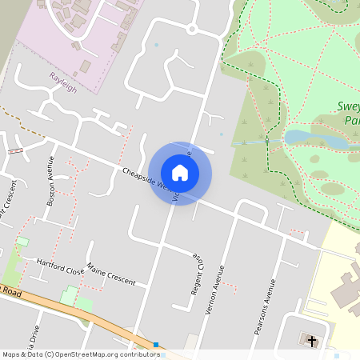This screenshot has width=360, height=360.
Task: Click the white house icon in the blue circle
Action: tap(180, 173)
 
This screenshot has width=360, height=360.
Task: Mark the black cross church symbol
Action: tap(311, 341)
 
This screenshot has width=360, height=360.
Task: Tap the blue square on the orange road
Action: tap(156, 345)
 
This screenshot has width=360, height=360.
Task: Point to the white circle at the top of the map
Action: tap(192, 29)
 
